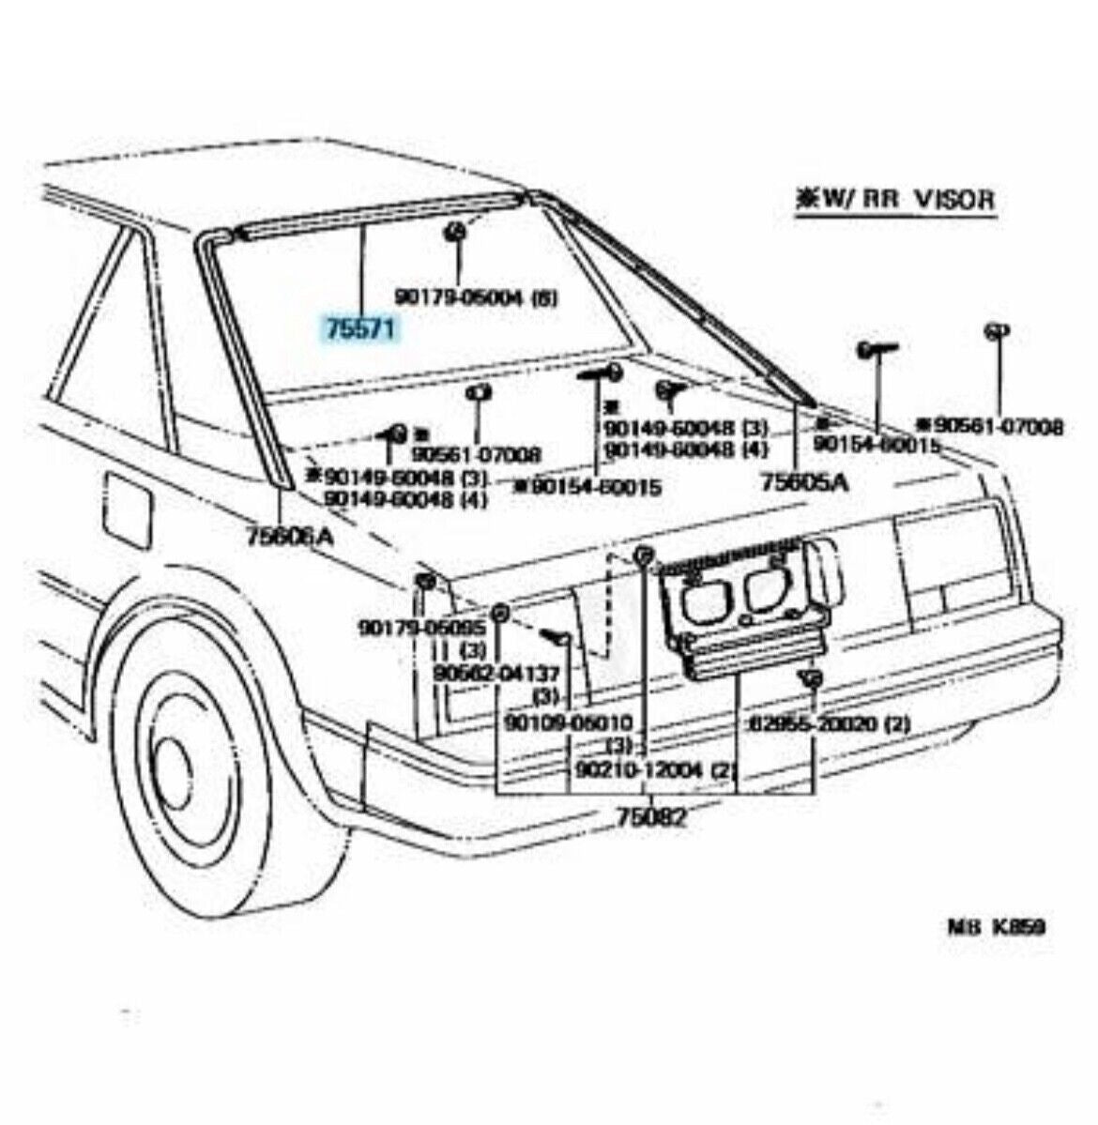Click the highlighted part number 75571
[361, 330]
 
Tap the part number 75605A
[804, 481]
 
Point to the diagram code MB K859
[994, 927]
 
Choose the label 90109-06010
[568, 722]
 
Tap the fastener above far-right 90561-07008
[997, 331]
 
